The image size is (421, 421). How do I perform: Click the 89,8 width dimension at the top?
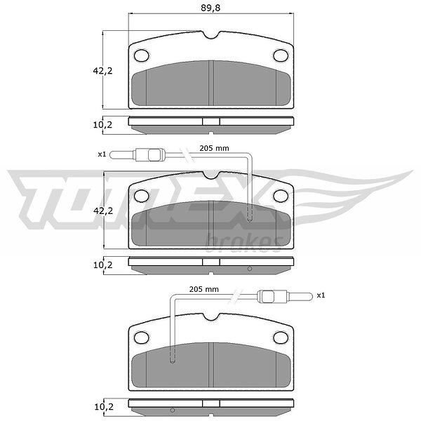(x=210, y=8)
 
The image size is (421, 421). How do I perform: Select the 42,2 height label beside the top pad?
(x=102, y=71)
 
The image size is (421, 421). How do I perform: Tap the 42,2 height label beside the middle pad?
(x=103, y=211)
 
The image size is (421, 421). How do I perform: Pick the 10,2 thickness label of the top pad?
(x=102, y=125)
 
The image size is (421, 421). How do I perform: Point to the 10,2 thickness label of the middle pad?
(x=103, y=265)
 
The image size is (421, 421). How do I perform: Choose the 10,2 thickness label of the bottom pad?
(x=104, y=407)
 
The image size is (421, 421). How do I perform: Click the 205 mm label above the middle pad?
(x=214, y=148)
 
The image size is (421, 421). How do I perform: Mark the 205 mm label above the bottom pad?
(x=204, y=289)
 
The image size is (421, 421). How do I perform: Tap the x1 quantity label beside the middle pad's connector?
(x=102, y=154)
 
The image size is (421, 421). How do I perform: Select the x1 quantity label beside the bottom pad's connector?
(x=321, y=295)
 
